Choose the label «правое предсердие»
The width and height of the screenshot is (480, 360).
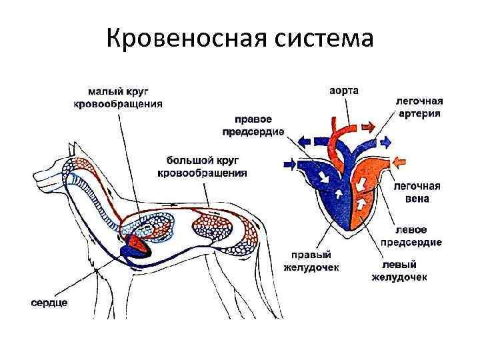click(252, 125)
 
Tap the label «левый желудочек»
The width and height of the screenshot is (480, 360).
click(399, 270)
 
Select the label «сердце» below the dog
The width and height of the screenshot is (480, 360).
click(49, 303)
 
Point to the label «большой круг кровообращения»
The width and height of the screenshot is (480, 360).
click(202, 167)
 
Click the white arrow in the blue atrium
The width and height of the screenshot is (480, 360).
click(325, 178)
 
